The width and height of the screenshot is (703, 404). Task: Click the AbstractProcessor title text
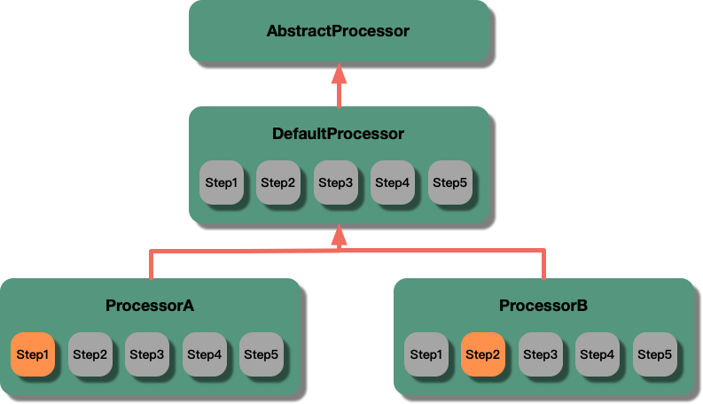tap(338, 31)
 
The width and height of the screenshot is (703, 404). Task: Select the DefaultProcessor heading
tap(338, 135)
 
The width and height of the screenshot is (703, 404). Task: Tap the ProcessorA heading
tap(150, 307)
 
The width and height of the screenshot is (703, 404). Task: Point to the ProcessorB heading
tap(543, 307)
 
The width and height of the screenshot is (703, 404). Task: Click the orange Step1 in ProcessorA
tap(33, 354)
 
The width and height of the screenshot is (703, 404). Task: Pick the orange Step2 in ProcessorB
tap(483, 354)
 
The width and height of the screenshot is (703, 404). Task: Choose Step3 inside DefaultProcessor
tap(336, 183)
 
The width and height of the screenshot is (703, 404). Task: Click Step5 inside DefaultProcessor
tap(449, 183)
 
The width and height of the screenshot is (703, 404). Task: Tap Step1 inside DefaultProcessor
tap(222, 183)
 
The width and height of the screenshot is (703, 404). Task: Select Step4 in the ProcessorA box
tap(204, 354)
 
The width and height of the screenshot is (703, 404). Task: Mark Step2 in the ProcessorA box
tap(90, 354)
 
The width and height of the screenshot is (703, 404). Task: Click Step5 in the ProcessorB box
tap(654, 354)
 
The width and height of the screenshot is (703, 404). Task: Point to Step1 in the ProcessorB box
tap(426, 354)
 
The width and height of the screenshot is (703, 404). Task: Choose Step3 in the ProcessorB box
tap(540, 354)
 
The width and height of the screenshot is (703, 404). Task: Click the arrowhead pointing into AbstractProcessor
tap(339, 74)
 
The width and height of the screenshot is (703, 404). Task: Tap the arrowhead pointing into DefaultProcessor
tap(339, 235)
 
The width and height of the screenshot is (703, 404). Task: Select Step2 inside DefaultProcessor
tap(278, 183)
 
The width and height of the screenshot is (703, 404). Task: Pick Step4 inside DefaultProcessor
tap(393, 183)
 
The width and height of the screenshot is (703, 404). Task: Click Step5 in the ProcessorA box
tap(261, 354)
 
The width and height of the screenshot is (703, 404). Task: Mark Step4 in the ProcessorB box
tap(598, 354)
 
